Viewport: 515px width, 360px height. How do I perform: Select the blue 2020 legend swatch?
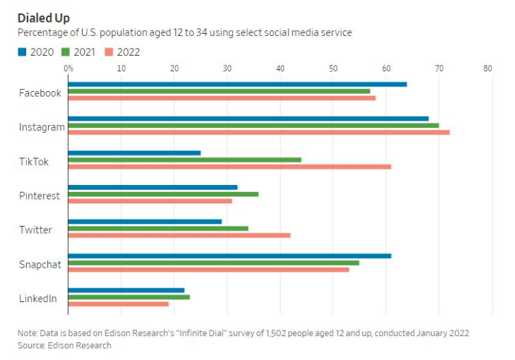(x=22, y=52)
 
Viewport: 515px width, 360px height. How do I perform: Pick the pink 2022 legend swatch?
(x=110, y=52)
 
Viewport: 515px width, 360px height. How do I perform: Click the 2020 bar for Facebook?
(x=237, y=84)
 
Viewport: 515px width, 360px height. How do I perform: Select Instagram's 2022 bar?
(x=259, y=132)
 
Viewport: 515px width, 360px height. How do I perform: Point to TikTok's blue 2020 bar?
(x=134, y=152)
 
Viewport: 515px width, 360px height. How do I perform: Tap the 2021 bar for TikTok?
(x=184, y=160)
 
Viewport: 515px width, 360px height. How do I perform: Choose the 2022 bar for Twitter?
(x=179, y=235)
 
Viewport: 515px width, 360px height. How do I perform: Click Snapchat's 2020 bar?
(x=229, y=256)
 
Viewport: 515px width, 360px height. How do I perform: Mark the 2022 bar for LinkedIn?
(x=118, y=304)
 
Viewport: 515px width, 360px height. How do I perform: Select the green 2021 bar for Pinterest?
(x=163, y=193)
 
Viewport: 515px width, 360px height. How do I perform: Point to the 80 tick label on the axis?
(x=487, y=68)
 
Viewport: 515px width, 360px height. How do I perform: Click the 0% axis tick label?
(x=69, y=68)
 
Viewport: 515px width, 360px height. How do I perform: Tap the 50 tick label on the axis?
(x=333, y=68)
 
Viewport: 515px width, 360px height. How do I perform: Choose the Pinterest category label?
(x=40, y=196)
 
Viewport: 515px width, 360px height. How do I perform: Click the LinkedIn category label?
(x=38, y=299)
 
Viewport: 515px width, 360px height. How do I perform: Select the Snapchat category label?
(x=40, y=264)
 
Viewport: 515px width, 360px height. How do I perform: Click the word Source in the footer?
(x=32, y=345)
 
